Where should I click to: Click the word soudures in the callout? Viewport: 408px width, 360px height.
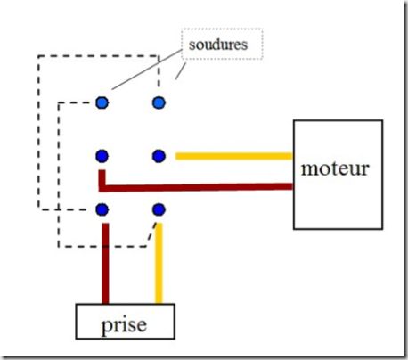(218, 45)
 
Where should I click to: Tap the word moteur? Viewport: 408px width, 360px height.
(335, 168)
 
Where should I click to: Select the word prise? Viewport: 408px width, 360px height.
(124, 325)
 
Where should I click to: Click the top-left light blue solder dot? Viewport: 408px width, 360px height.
(102, 102)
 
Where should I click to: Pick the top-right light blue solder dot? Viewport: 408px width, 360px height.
(159, 102)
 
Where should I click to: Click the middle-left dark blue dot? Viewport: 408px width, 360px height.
(102, 156)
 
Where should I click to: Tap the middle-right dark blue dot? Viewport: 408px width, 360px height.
(159, 156)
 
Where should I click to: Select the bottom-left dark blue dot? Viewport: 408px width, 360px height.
(102, 209)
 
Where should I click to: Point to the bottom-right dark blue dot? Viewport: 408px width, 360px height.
(159, 209)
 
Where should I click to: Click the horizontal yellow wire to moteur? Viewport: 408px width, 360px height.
(234, 156)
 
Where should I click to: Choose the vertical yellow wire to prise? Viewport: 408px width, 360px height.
(159, 263)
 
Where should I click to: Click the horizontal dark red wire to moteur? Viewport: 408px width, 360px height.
(196, 188)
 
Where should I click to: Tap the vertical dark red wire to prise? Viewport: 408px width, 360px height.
(105, 264)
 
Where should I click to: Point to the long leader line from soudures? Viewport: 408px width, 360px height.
(147, 70)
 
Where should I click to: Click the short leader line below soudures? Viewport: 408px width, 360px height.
(181, 71)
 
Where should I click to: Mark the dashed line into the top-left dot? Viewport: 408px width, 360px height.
(74, 102)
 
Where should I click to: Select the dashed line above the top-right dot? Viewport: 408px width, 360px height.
(159, 71)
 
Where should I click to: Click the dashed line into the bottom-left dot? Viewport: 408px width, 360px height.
(62, 209)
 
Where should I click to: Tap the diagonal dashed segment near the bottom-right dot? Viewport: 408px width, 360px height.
(151, 234)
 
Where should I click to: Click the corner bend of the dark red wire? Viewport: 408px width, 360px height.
(102, 188)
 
